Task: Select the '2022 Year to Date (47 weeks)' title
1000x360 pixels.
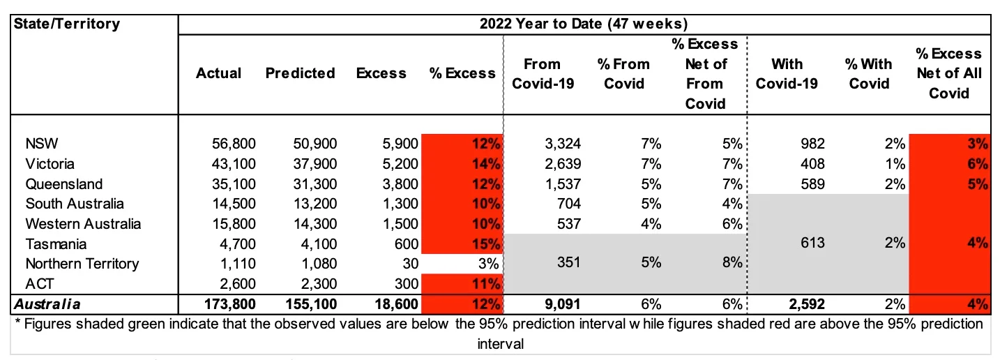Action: pyautogui.click(x=584, y=24)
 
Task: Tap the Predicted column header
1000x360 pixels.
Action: pyautogui.click(x=300, y=73)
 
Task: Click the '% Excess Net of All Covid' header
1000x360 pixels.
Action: pyautogui.click(x=948, y=73)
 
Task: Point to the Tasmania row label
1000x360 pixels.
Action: pyautogui.click(x=55, y=244)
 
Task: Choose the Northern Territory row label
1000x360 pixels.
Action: pyautogui.click(x=82, y=264)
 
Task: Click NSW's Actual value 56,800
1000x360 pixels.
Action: pyautogui.click(x=233, y=144)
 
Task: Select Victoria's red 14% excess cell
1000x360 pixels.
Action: pyautogui.click(x=464, y=165)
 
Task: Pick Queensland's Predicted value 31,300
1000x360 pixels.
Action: pyautogui.click(x=313, y=184)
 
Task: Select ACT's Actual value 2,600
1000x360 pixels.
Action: pyautogui.click(x=237, y=284)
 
